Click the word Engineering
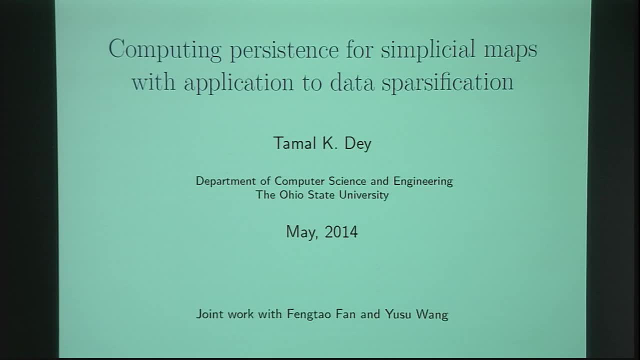(x=423, y=181)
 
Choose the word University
(x=363, y=195)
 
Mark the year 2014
(x=341, y=232)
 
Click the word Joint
(x=210, y=314)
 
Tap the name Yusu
(x=397, y=314)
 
